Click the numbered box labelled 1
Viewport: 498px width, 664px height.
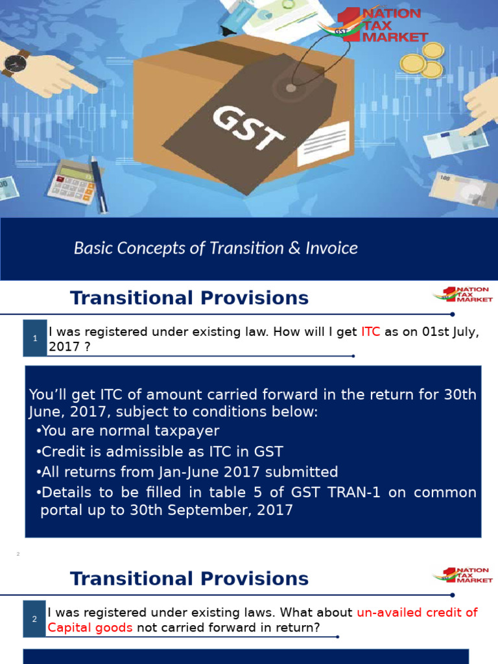tap(35, 338)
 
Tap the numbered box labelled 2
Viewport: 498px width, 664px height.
tap(34, 619)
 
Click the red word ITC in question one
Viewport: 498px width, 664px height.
tap(370, 332)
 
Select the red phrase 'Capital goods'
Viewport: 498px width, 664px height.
tap(89, 627)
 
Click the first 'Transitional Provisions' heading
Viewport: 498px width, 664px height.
tap(189, 298)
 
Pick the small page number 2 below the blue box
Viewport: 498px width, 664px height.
tap(18, 554)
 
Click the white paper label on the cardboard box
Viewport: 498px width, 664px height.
tap(325, 142)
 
